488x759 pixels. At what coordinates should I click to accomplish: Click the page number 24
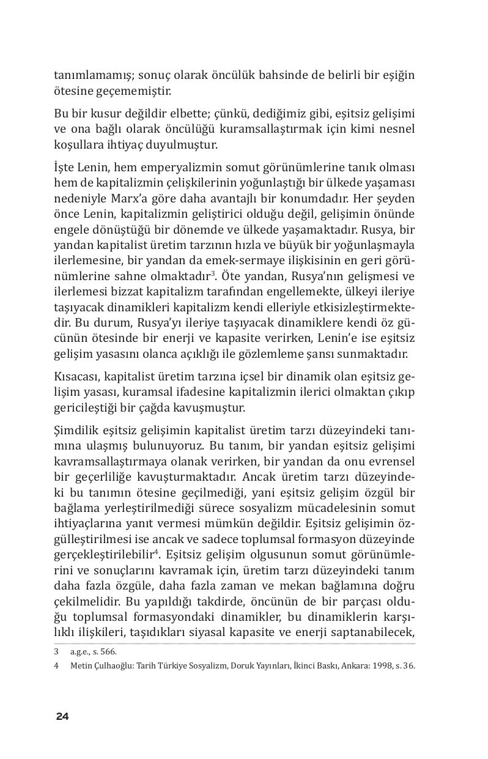[x=62, y=717]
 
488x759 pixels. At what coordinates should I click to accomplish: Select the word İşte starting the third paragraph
[x=64, y=168]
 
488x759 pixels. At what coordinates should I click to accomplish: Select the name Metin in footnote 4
[x=81, y=666]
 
